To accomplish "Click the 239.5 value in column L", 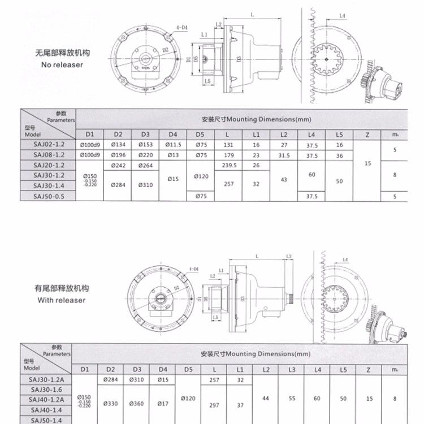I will pyautogui.click(x=228, y=165).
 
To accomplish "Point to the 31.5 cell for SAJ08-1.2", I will pyautogui.click(x=284, y=155).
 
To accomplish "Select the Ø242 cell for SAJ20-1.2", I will pyautogui.click(x=118, y=165).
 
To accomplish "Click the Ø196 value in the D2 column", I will pyautogui.click(x=118, y=155).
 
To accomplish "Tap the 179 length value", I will pyautogui.click(x=228, y=155).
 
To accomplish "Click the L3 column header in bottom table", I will pyautogui.click(x=292, y=369).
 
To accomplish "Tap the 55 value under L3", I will pyautogui.click(x=292, y=399).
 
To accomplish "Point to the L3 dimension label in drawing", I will pyautogui.click(x=289, y=257).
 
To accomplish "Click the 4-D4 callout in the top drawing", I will pyautogui.click(x=183, y=27).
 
